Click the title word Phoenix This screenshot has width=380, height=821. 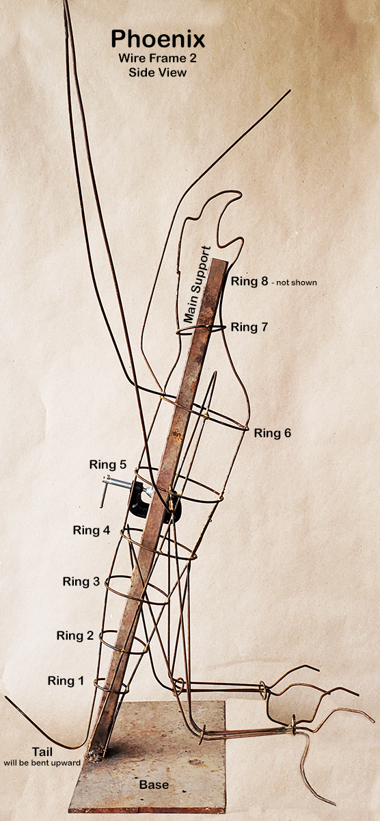(158, 39)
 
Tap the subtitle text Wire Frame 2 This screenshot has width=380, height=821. (157, 58)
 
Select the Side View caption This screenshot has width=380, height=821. (157, 73)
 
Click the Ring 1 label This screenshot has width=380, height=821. (66, 681)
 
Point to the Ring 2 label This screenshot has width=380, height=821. (75, 635)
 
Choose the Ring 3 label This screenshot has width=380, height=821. (81, 582)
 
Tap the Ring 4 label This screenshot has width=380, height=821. (92, 530)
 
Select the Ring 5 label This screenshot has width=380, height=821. (108, 465)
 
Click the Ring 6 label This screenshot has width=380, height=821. (273, 433)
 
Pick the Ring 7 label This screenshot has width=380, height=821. (249, 326)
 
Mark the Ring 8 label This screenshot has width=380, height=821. (249, 281)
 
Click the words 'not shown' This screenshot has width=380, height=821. (297, 283)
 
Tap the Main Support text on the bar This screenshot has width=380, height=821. (198, 285)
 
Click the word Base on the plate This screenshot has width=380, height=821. (154, 785)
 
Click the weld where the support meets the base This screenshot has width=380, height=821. (94, 755)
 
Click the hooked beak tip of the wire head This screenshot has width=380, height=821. (238, 194)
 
